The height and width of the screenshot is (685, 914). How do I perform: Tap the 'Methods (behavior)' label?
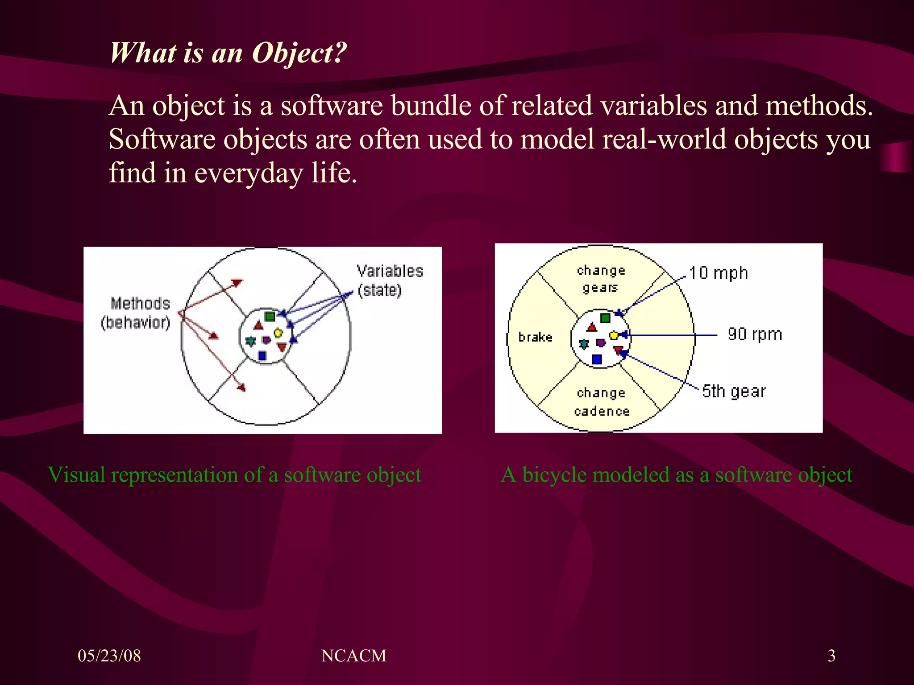[x=136, y=313]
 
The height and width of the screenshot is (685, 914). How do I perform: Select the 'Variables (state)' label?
[x=389, y=281]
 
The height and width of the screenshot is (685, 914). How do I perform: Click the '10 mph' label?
[x=718, y=273]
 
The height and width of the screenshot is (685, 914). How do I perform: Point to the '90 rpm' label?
[x=755, y=334]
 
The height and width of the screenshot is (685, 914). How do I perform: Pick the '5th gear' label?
[x=733, y=391]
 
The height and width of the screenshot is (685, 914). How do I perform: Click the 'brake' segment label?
[x=535, y=337]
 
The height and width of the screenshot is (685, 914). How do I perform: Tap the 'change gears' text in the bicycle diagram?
[x=601, y=279]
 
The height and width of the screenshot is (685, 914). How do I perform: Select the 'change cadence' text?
[x=601, y=402]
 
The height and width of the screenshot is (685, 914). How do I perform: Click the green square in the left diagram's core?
[x=270, y=317]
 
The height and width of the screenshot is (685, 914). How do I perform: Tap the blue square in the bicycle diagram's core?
[x=597, y=359]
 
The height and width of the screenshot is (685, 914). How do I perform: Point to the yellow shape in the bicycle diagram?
[x=614, y=335]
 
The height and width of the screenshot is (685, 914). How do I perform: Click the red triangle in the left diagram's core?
[x=258, y=326]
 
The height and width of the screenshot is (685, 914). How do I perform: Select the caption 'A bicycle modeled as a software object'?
[x=676, y=475]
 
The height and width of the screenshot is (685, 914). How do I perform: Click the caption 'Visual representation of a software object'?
[x=234, y=475]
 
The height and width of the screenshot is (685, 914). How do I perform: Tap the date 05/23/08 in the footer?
[x=109, y=656]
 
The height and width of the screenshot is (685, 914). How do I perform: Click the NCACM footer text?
[x=353, y=656]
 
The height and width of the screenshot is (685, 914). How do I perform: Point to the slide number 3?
[x=831, y=656]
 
